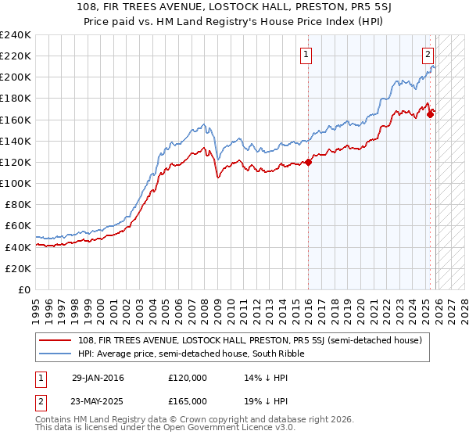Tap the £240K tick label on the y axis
tap(16, 35)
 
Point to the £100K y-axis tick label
tap(16, 183)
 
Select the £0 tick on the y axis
tap(25, 289)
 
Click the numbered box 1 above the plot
tap(305, 55)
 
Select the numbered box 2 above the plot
tap(428, 55)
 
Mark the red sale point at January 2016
tap(308, 162)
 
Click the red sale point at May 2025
tap(430, 114)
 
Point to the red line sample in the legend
tap(57, 340)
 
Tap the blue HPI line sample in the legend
tap(57, 354)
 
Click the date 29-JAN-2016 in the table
tap(97, 378)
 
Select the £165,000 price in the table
tap(188, 401)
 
